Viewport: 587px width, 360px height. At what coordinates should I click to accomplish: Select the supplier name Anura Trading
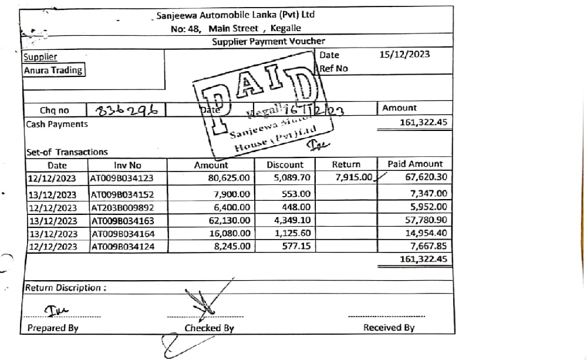pos(53,70)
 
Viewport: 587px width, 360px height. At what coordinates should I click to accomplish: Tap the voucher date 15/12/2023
pos(404,55)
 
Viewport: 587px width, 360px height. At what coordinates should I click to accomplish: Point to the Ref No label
pos(334,68)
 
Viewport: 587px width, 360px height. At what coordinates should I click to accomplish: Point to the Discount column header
pos(285,165)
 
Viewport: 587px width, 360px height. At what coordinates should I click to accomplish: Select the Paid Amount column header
pos(415,164)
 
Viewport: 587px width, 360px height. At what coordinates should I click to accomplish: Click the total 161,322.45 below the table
pos(420,258)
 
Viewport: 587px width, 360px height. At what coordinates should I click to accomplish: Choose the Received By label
pos(389,328)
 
